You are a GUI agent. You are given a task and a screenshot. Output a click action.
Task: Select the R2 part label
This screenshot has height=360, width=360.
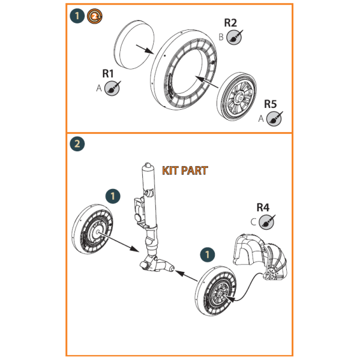[x=230, y=23]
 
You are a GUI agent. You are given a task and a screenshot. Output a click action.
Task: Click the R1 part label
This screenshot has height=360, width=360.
[x=108, y=74]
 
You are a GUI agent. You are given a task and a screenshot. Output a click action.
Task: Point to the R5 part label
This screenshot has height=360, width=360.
[x=270, y=104]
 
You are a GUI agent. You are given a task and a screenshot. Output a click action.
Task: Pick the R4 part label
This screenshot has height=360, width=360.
[x=262, y=208]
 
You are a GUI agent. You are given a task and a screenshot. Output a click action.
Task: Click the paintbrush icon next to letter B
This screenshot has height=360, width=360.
[x=236, y=37]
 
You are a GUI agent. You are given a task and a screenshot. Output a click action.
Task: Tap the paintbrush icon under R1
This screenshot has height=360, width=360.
[x=112, y=88]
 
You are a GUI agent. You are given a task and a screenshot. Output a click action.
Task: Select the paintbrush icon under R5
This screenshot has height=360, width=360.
[x=274, y=118]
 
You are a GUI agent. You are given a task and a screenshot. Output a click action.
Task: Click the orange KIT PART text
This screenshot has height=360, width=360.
[x=185, y=171]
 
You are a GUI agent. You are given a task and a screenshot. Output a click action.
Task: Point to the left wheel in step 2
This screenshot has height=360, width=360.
[x=95, y=232]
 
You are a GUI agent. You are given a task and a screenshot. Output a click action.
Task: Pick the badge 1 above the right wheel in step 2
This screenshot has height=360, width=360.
[x=208, y=254]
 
